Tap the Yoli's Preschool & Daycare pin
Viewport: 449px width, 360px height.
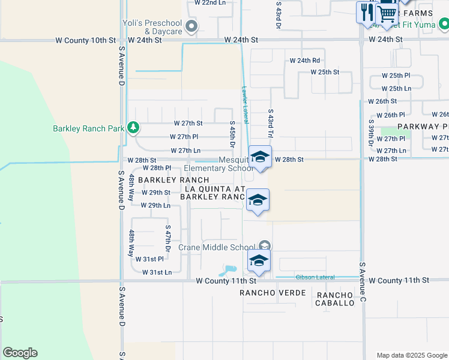click(191, 26)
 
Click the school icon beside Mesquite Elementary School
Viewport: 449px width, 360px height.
click(259, 157)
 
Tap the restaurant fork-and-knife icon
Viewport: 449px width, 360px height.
click(366, 12)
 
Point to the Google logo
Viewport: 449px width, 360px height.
click(20, 353)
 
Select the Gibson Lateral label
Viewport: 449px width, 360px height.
click(315, 277)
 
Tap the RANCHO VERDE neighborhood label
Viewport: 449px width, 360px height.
click(273, 293)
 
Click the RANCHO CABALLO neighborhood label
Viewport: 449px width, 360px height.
click(336, 299)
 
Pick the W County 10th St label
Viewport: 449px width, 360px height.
click(85, 40)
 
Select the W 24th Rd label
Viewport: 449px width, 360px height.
click(305, 61)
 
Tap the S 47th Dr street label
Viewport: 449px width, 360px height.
click(169, 239)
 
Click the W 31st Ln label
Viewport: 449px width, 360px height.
click(157, 272)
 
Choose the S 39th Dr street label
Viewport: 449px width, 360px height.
click(371, 133)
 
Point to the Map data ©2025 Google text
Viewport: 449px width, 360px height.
click(411, 355)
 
